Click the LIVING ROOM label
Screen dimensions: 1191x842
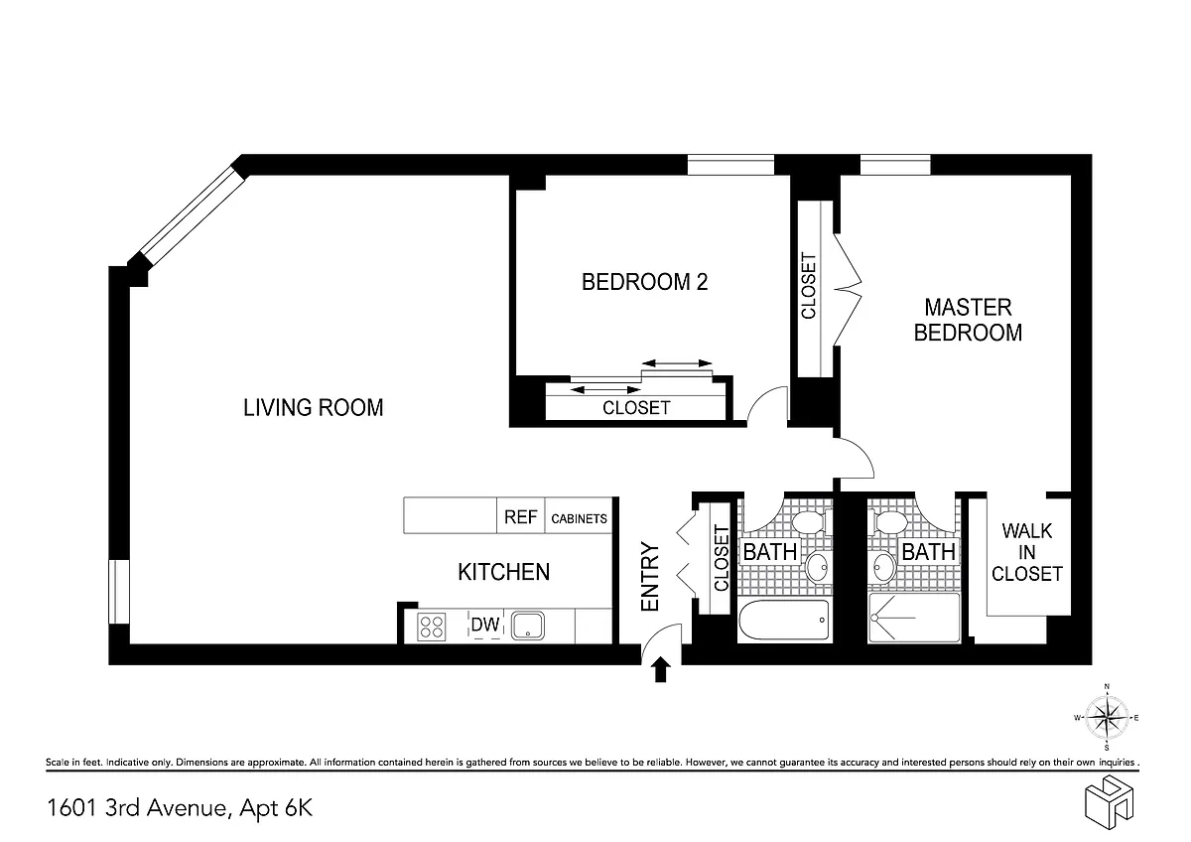[314, 408]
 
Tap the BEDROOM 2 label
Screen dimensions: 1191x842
[644, 282]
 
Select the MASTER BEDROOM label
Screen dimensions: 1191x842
[968, 320]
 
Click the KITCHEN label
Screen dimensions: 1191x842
[503, 572]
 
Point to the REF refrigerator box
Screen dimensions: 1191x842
[520, 515]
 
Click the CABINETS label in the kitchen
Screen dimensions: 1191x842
[579, 518]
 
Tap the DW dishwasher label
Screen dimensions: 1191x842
[485, 624]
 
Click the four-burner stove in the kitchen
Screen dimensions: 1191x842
[431, 627]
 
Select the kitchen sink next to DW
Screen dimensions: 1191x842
[527, 626]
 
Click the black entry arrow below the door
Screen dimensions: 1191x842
[660, 669]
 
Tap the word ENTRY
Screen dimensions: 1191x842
[650, 577]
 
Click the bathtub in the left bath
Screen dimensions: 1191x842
[784, 621]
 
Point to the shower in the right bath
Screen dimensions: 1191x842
[914, 618]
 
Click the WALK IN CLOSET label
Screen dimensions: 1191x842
[1026, 552]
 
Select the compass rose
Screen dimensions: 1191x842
[1107, 718]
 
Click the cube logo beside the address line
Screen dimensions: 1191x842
[1109, 802]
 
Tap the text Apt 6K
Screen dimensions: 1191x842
[276, 807]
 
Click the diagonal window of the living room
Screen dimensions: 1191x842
[193, 215]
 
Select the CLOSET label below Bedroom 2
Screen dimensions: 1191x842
[636, 408]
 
